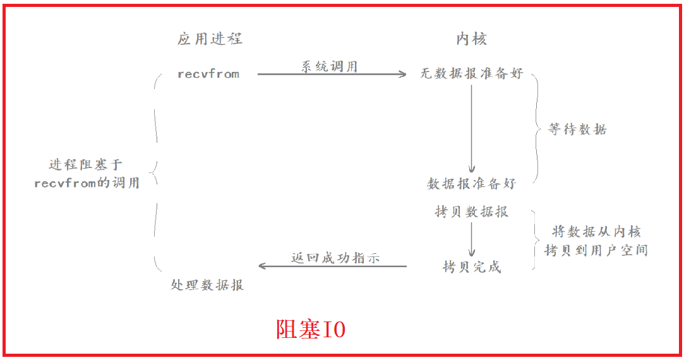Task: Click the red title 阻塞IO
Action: [310, 329]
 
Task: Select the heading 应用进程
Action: [210, 39]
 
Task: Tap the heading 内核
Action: [471, 39]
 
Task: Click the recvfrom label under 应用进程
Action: [208, 74]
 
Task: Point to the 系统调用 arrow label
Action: [328, 66]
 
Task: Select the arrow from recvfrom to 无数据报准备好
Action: [332, 75]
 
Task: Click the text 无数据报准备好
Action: [471, 74]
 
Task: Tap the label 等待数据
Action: [577, 129]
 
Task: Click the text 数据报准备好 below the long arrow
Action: [471, 184]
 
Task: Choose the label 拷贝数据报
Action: [471, 212]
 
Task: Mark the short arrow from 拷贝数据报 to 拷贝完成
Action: [471, 239]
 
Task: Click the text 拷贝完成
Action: [471, 267]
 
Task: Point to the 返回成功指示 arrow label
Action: [335, 258]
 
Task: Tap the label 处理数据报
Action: [207, 285]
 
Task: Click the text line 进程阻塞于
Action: [86, 165]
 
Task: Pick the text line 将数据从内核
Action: [596, 232]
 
